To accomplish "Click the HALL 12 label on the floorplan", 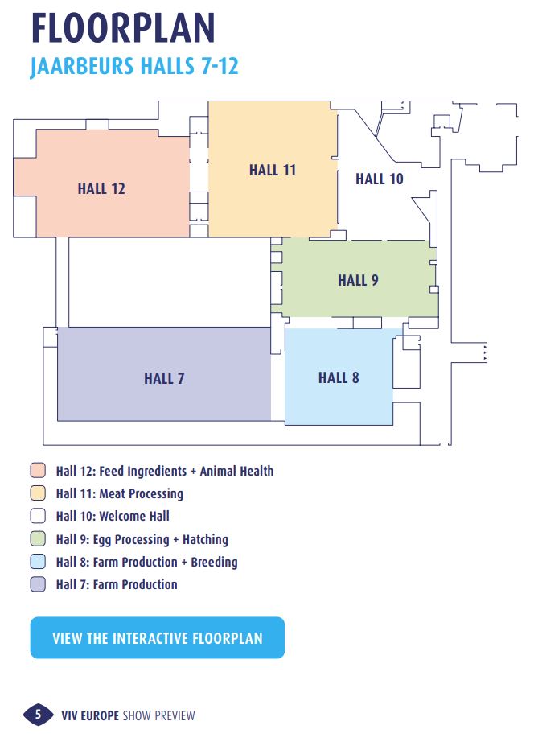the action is (x=101, y=189).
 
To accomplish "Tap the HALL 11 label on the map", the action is (x=273, y=170).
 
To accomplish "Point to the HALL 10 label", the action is (x=380, y=179).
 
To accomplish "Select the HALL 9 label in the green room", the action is (x=358, y=280).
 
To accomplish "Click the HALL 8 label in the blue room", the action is (x=339, y=377).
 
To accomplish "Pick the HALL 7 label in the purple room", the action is (x=164, y=378).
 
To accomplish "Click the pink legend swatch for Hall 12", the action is (x=38, y=470).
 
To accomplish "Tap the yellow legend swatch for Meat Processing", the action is (x=38, y=493).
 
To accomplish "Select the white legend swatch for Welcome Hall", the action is (x=38, y=516).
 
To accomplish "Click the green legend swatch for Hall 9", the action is (x=38, y=538).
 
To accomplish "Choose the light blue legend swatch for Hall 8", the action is (x=38, y=562).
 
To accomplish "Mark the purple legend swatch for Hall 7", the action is (x=38, y=584).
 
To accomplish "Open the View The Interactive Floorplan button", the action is (x=158, y=637).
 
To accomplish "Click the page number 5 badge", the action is (x=38, y=715).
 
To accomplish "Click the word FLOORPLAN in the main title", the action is (x=123, y=28).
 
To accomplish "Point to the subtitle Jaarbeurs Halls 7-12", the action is (x=134, y=66).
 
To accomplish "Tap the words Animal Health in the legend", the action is (x=236, y=471).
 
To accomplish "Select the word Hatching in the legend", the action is (x=206, y=539).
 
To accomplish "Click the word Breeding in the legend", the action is (x=215, y=562).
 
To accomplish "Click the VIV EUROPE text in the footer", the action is (x=90, y=716).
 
